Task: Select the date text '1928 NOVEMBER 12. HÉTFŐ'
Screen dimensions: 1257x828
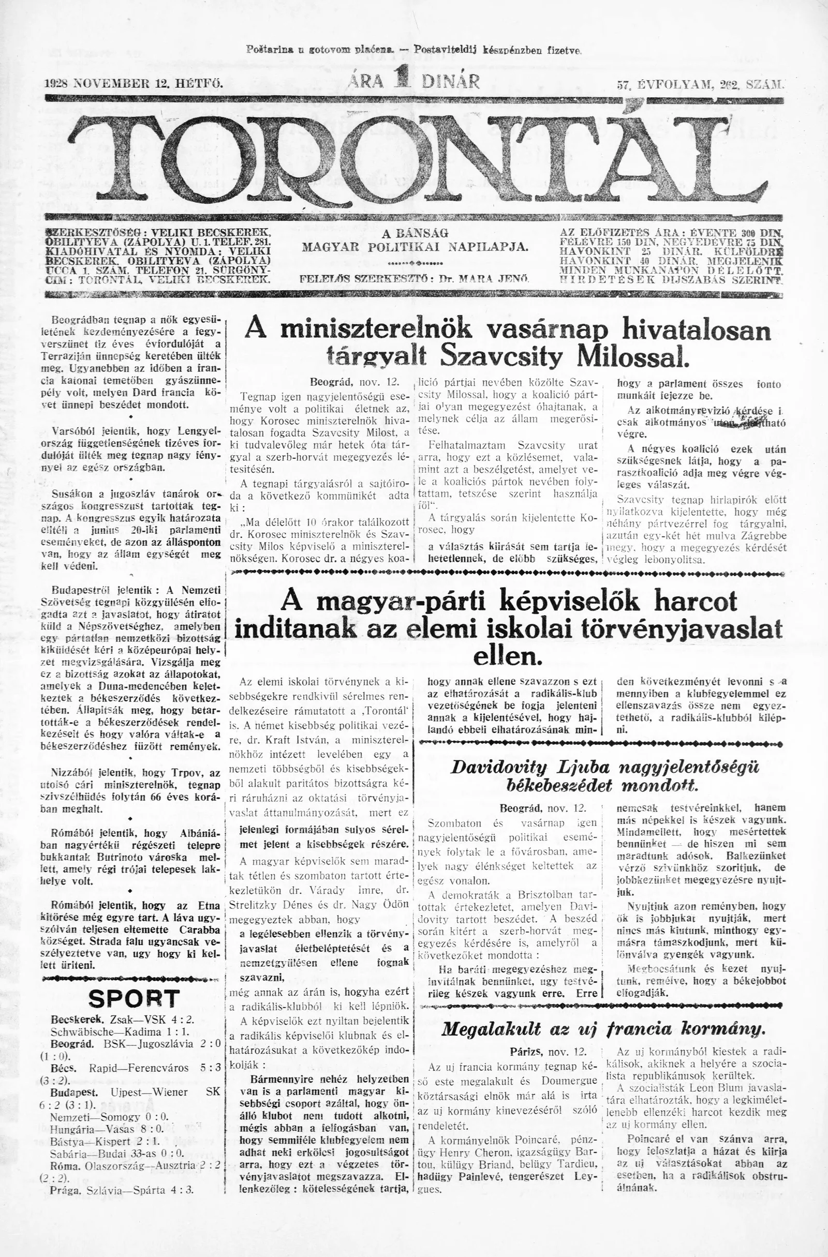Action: [135, 83]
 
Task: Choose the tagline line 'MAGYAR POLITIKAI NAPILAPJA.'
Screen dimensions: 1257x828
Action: [415, 247]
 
